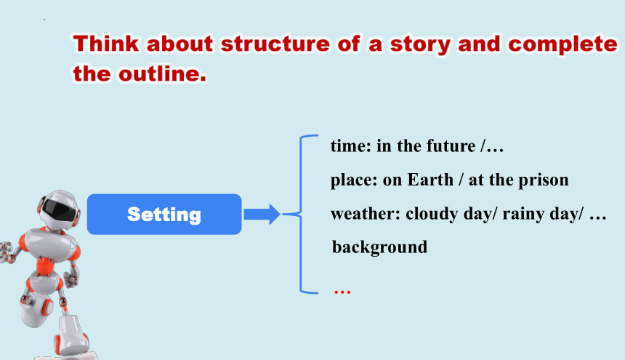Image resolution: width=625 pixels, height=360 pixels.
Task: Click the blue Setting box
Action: (x=164, y=214)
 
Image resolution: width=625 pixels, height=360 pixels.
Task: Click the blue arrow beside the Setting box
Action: (x=262, y=214)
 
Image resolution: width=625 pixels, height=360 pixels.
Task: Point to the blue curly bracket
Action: (x=301, y=214)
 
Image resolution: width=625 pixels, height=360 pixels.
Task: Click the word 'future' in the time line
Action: (x=451, y=146)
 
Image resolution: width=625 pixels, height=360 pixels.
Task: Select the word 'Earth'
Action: (x=430, y=180)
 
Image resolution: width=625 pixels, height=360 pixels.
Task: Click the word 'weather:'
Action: (x=366, y=214)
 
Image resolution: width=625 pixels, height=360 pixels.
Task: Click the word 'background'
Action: (x=380, y=247)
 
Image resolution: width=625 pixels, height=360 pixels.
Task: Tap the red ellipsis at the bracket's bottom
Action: (x=342, y=292)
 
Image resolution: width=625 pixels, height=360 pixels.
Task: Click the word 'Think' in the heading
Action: (x=106, y=43)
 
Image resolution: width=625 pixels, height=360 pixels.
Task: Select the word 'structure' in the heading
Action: (x=275, y=44)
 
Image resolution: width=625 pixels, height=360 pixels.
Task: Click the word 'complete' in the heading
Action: (x=562, y=44)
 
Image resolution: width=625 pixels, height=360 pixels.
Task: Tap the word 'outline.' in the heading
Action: (x=163, y=73)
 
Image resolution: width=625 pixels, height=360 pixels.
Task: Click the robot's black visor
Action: (x=59, y=209)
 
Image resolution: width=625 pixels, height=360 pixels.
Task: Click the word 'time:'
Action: (x=351, y=146)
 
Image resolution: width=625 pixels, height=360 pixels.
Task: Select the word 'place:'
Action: (x=354, y=180)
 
